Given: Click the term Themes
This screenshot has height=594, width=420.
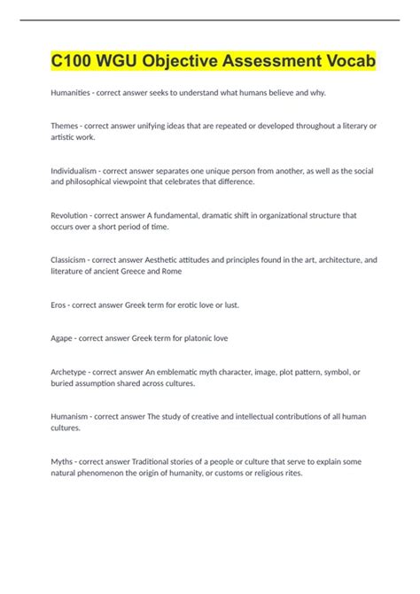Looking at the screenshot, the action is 67,127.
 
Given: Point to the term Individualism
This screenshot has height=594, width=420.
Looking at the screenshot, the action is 77,168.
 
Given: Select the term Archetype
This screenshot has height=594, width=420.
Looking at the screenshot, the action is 72,372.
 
